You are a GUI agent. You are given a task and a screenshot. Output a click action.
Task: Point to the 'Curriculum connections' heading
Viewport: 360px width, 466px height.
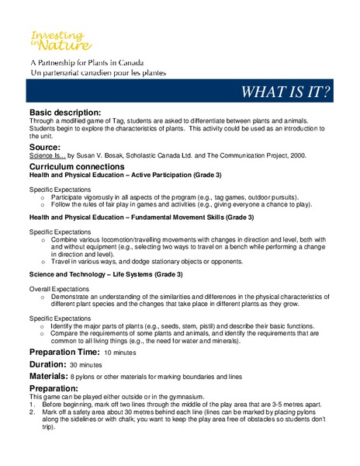click(x=76, y=167)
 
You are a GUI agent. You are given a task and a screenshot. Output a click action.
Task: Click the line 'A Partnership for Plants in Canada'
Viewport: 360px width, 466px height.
click(x=86, y=63)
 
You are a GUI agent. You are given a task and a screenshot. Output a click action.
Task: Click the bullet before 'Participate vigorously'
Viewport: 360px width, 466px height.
click(x=42, y=198)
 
